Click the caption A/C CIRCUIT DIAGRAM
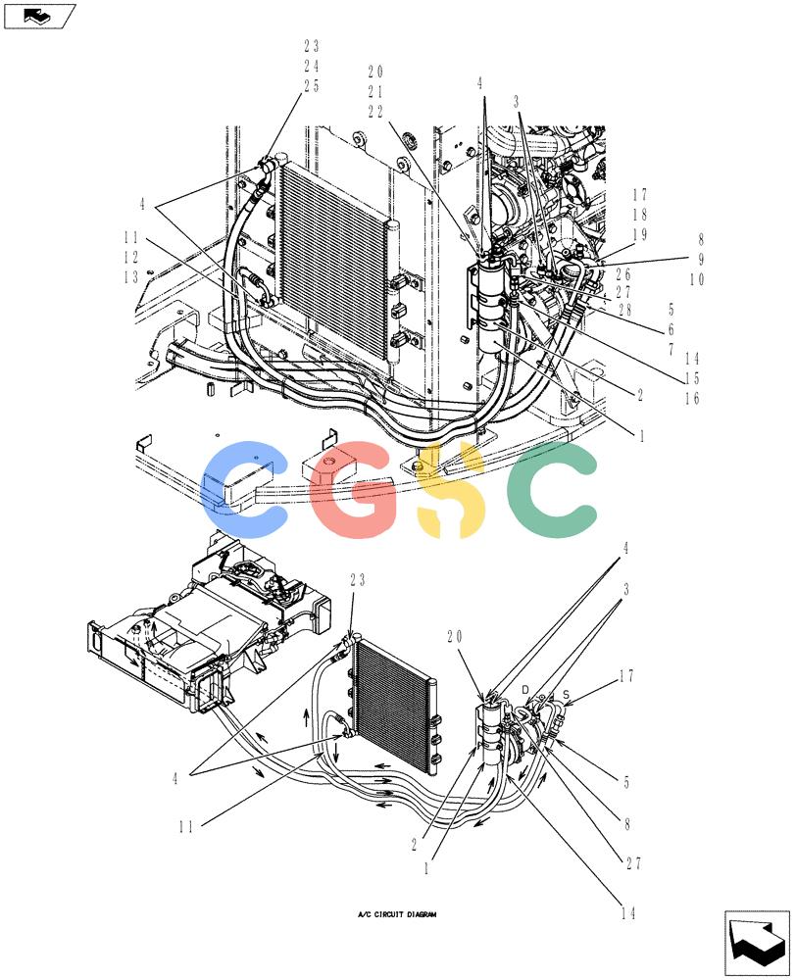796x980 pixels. (x=397, y=914)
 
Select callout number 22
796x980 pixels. (x=375, y=112)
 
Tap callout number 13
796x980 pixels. (x=130, y=276)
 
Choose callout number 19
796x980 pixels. (x=639, y=234)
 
